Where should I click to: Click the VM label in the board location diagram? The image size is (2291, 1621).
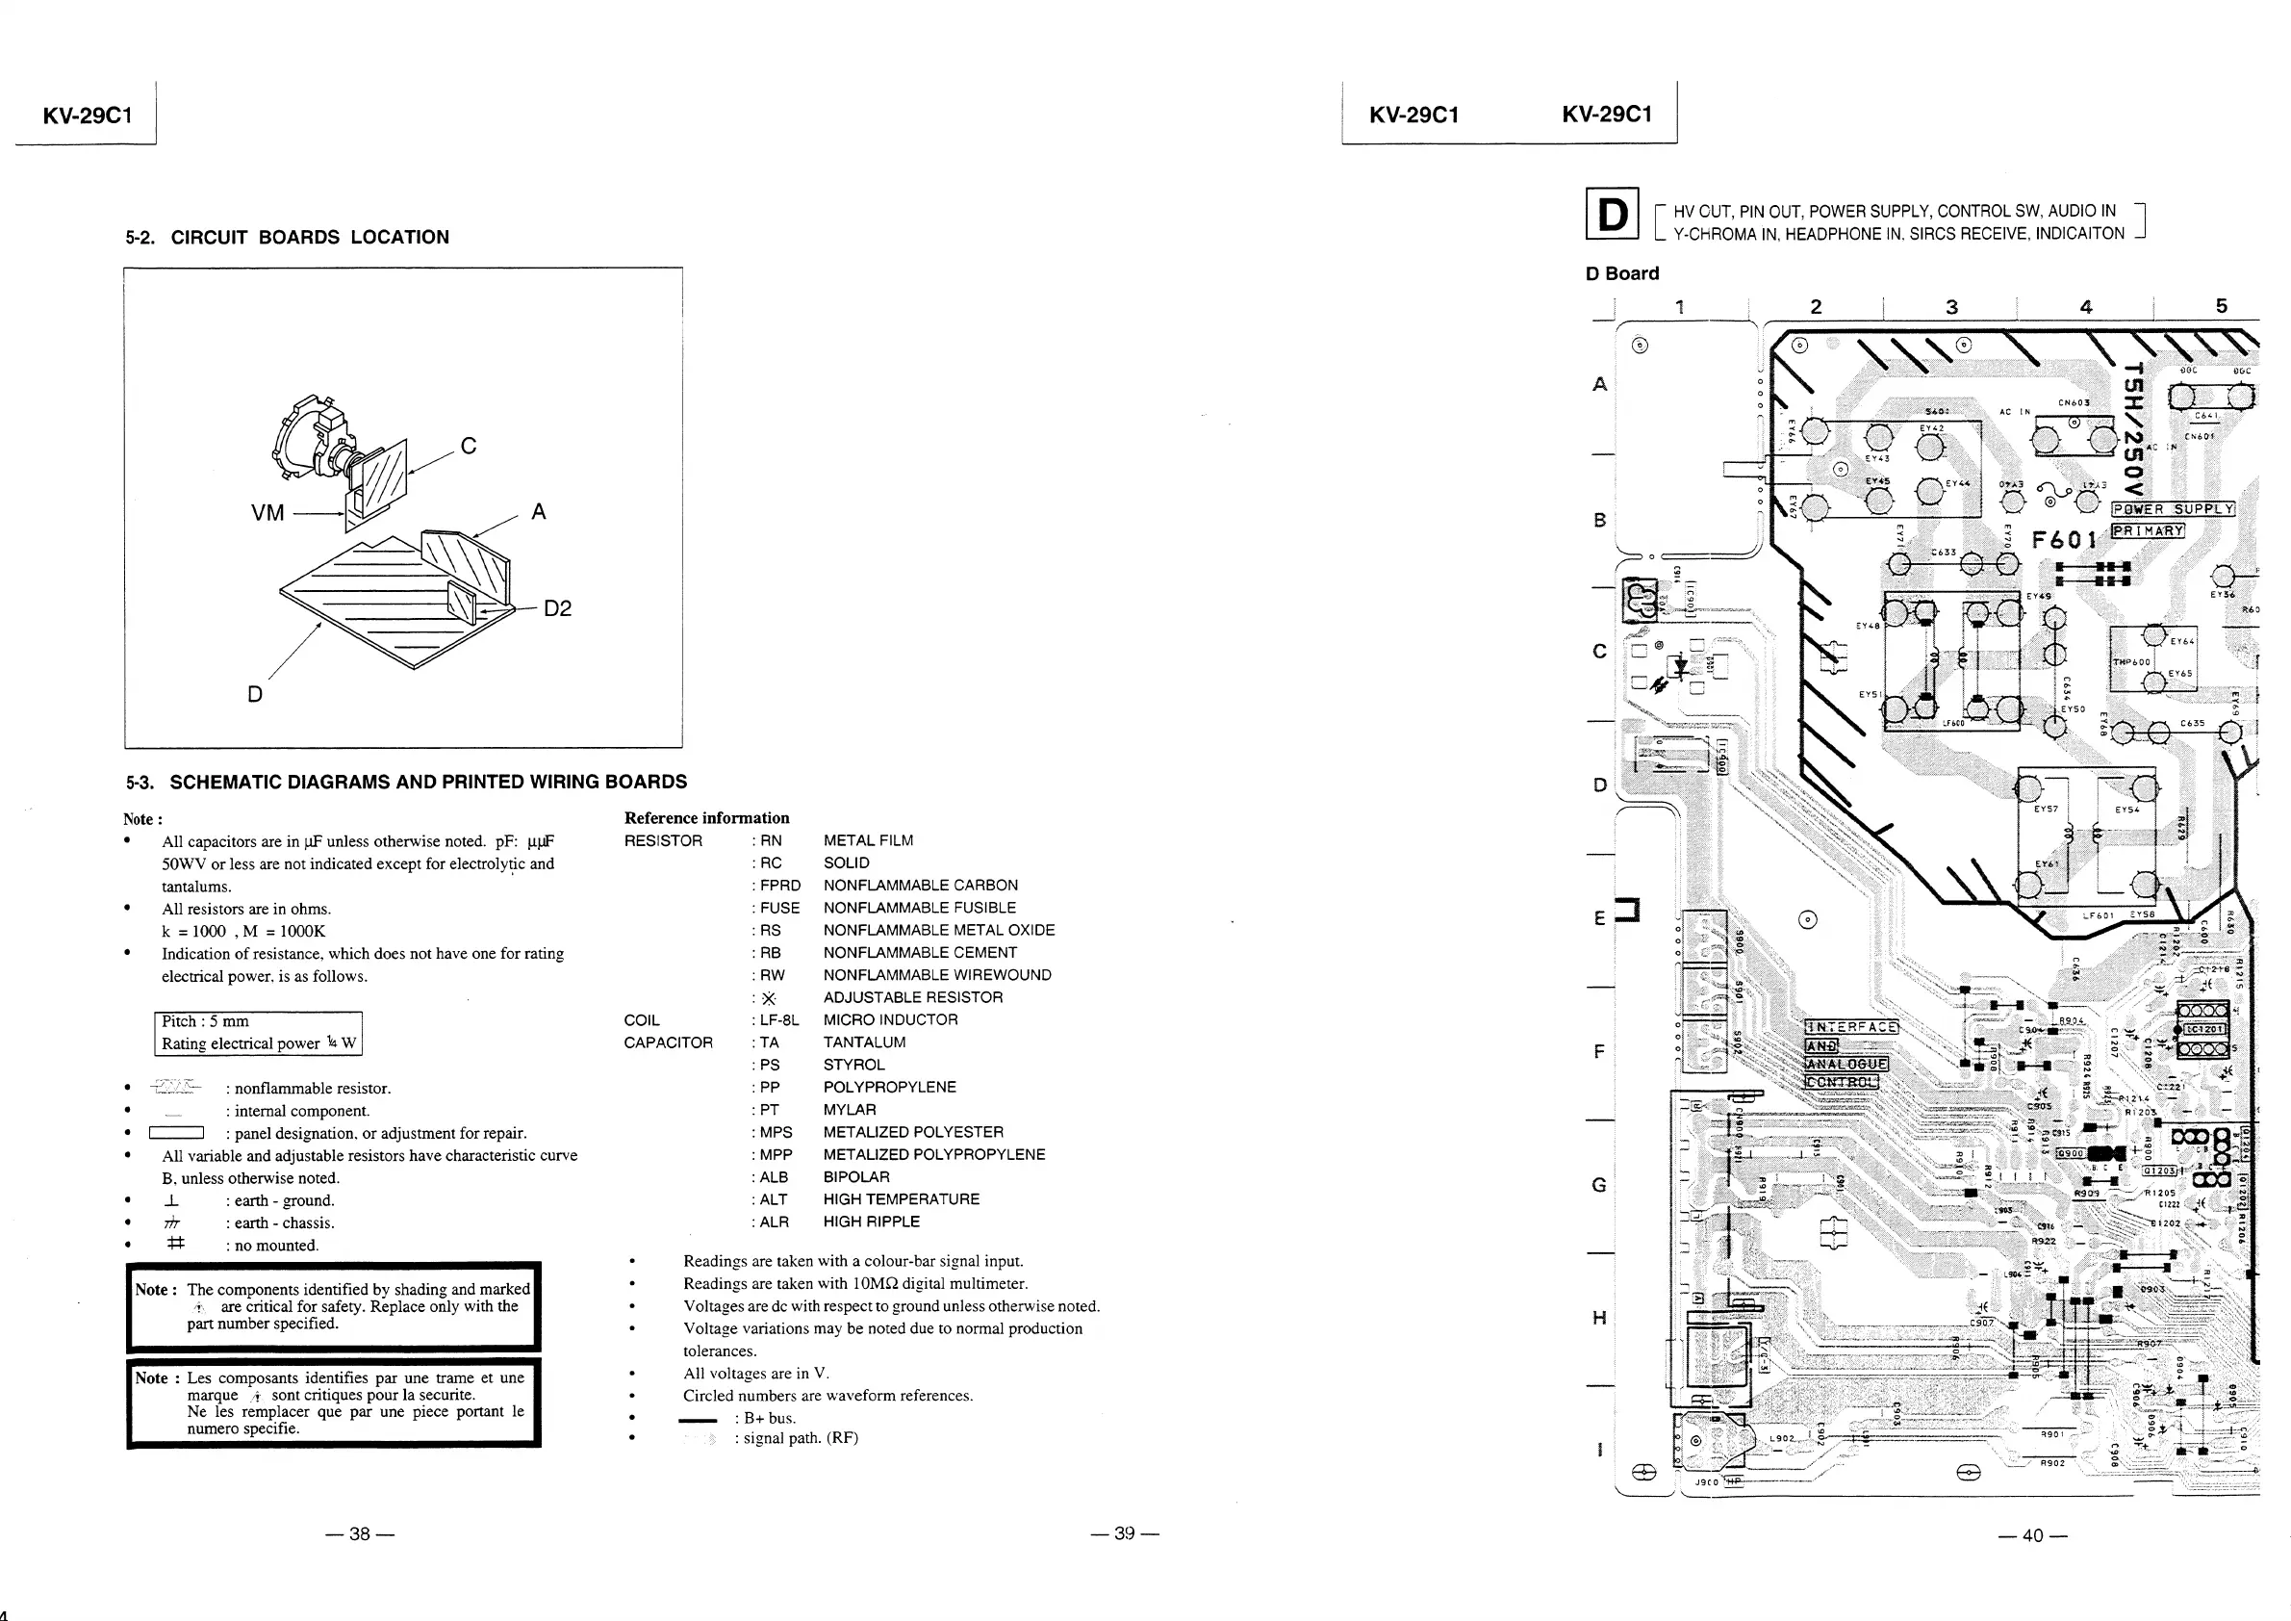pos(267,513)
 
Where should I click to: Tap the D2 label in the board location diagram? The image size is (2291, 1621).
pos(558,609)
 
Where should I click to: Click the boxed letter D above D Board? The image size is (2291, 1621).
pos(1612,214)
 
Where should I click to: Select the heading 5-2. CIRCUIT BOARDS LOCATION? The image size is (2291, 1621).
pos(288,238)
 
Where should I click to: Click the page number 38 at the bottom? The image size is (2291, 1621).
pos(359,1533)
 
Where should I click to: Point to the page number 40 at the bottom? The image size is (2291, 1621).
pos(2032,1535)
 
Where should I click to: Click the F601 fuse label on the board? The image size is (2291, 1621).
pos(2064,540)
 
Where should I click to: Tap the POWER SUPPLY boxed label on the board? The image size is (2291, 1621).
pos(2173,509)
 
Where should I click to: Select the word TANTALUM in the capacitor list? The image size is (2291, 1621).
pos(864,1042)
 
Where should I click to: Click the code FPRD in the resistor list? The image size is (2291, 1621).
pos(779,886)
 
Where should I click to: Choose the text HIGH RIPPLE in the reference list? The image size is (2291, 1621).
pos(871,1222)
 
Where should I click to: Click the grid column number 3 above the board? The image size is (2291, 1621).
pos(1950,307)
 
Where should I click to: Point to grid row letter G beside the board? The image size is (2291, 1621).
pos(1598,1185)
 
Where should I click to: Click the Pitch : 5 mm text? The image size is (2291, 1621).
pos(206,1021)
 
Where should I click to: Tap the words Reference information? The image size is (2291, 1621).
pos(706,817)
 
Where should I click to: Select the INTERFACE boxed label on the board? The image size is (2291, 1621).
pos(1852,1027)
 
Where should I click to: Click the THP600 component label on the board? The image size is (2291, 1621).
pos(2131,661)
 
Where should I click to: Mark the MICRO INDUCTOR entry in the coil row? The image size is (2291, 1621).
pos(890,1019)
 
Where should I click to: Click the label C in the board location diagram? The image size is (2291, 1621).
pos(468,447)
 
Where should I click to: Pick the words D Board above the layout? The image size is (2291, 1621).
pos(1621,273)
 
